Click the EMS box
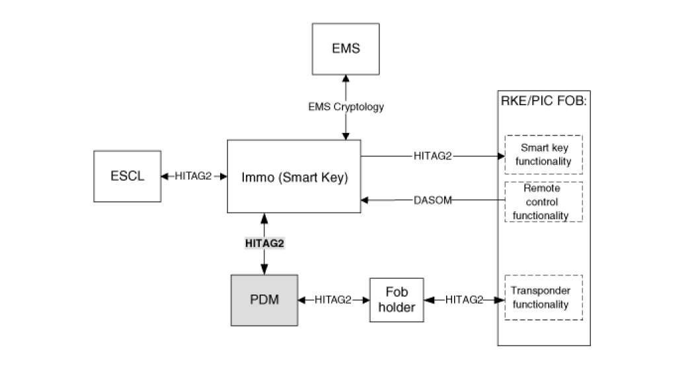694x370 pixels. (346, 49)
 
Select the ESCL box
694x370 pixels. (128, 176)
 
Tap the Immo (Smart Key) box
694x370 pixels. (294, 176)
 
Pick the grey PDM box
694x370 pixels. (264, 300)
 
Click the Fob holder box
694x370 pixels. (397, 300)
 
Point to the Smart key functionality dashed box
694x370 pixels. (543, 155)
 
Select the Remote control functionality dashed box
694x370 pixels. (543, 202)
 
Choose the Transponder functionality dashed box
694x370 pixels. (543, 297)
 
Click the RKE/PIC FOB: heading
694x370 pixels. (543, 101)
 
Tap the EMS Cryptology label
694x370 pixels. (346, 107)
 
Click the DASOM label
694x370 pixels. (432, 201)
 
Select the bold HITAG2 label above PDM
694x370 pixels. (264, 244)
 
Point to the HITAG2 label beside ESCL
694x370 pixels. (193, 176)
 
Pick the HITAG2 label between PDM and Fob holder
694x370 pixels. (333, 300)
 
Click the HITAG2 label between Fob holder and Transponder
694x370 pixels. (464, 300)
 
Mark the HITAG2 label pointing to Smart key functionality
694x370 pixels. (432, 156)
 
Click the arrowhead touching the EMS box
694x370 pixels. (346, 78)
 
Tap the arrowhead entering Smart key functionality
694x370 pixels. (501, 156)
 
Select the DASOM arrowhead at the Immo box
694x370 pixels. (365, 201)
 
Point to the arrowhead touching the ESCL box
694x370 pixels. (165, 176)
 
